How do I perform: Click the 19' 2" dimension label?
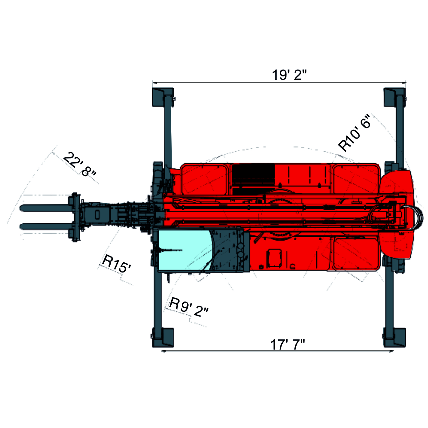(x=289, y=75)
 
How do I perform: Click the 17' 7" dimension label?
(x=288, y=344)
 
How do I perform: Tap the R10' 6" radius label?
(x=354, y=133)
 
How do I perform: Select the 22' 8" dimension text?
(x=79, y=164)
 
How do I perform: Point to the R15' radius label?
(x=116, y=264)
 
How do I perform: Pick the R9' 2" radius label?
(x=189, y=307)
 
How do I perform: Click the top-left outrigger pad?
(x=163, y=97)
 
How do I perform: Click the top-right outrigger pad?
(x=394, y=97)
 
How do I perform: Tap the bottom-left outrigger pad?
(x=163, y=338)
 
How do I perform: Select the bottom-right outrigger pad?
(x=394, y=338)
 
